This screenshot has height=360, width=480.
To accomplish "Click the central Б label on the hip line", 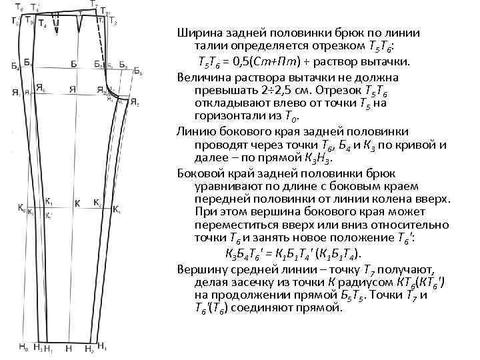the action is [73, 65].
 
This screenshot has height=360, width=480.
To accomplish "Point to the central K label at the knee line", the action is [77, 203].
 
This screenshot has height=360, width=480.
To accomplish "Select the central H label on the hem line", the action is [69, 349].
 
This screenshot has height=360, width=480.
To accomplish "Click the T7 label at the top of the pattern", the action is [94, 5].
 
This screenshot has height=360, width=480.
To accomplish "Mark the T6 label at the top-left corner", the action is [21, 7].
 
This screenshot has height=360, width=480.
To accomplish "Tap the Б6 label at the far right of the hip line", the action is [137, 70].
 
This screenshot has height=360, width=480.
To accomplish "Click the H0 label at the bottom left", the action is [22, 347].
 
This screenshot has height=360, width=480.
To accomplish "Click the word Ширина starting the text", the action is [199, 33].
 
